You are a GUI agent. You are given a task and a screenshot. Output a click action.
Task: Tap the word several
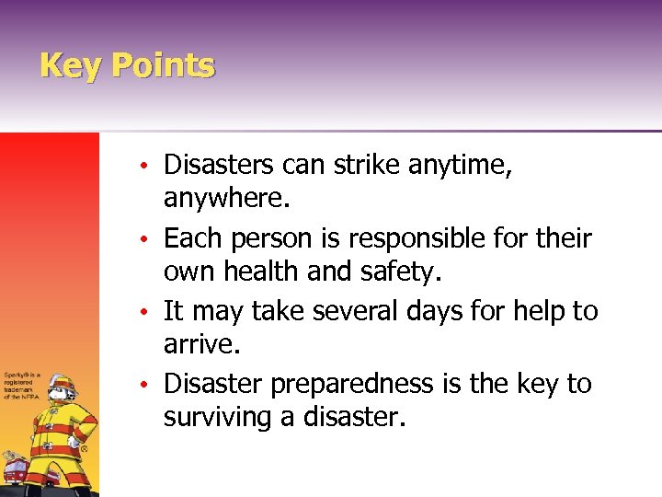coord(360,311)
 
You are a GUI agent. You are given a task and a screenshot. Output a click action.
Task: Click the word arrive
coord(197,345)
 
